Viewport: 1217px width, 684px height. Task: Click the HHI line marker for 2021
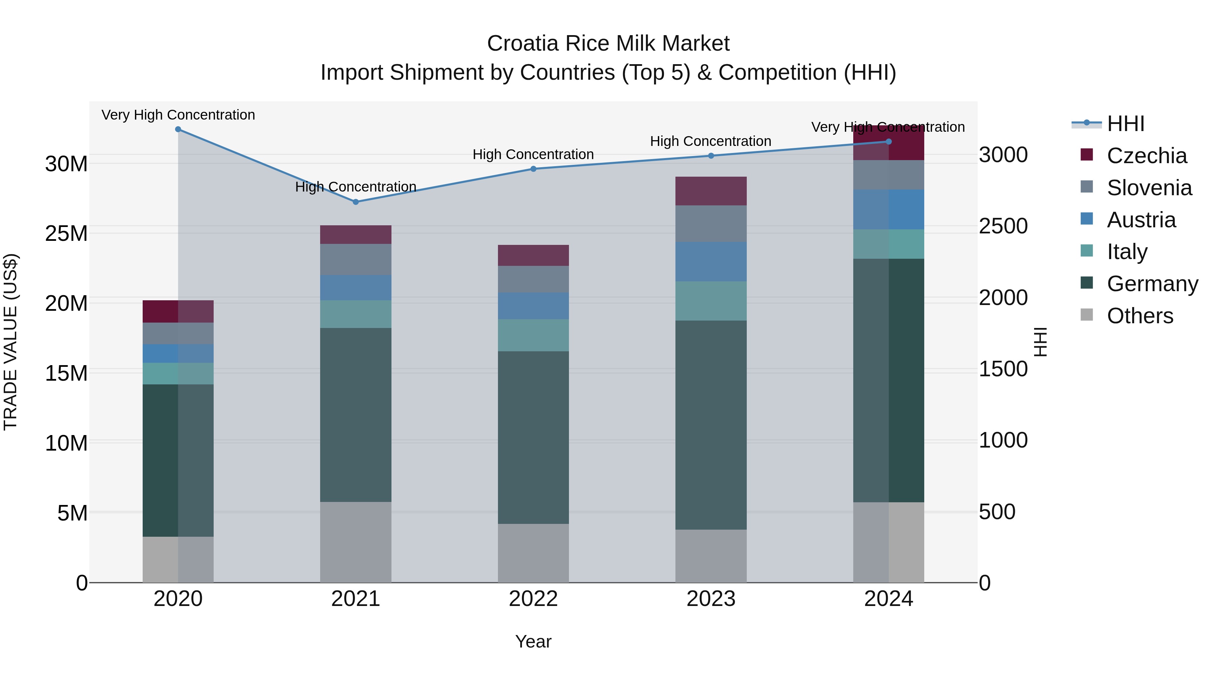point(356,202)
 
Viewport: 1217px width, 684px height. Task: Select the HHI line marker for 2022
point(533,169)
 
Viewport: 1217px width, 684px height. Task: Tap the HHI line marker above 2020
point(178,129)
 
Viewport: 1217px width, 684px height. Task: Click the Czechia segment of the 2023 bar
point(711,191)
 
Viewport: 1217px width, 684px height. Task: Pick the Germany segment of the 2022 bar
point(533,437)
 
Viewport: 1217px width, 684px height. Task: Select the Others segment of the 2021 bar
point(356,542)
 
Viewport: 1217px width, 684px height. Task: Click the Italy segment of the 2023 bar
point(711,301)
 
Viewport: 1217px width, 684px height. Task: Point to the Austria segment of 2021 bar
point(356,287)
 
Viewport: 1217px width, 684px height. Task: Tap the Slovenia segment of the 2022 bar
point(533,279)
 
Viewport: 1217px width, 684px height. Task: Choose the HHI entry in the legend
point(1125,124)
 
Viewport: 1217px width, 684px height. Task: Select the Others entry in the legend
point(1140,315)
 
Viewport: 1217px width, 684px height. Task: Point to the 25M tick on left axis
point(66,233)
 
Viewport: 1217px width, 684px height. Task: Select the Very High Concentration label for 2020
point(178,115)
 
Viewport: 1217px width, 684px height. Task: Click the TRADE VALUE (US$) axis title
point(10,342)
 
